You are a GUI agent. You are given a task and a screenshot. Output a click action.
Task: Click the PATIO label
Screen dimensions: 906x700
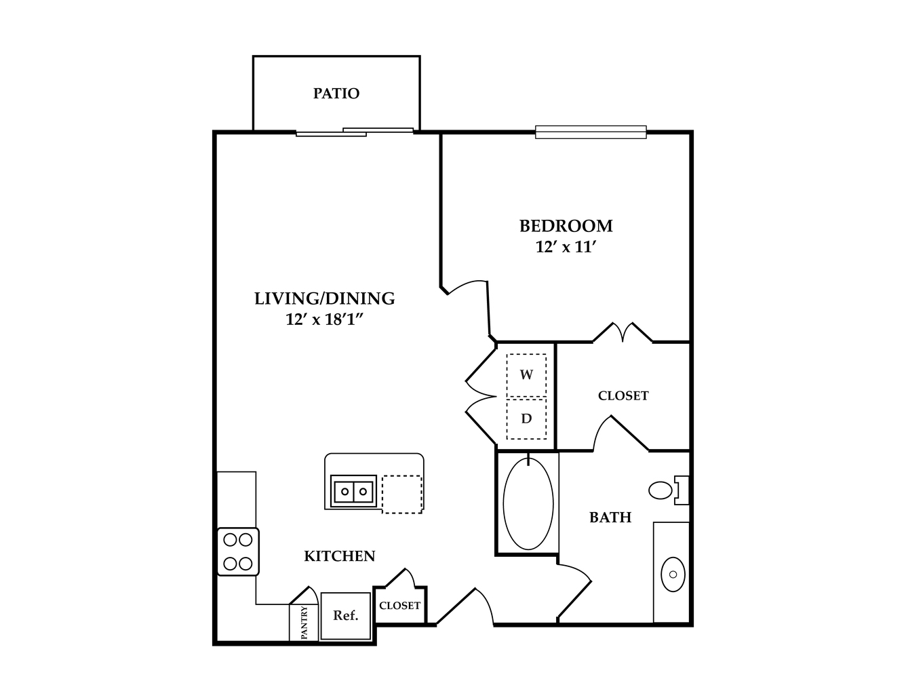tap(336, 94)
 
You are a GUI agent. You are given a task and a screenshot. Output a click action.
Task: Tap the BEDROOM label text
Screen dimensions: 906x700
tap(566, 226)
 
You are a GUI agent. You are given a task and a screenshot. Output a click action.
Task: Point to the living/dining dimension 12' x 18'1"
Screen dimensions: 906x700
tap(325, 319)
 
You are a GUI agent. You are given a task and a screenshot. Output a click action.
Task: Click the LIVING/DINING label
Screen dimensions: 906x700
tap(324, 298)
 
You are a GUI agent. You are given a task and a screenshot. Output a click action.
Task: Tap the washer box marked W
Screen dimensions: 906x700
tap(526, 375)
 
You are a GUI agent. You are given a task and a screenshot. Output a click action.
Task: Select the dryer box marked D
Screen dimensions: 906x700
tap(526, 419)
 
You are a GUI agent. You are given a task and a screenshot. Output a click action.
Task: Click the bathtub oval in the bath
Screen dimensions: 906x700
tap(528, 503)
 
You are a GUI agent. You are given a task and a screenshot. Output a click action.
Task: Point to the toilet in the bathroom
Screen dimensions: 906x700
tap(668, 490)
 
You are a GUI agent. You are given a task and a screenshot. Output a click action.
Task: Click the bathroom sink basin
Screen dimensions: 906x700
tap(673, 574)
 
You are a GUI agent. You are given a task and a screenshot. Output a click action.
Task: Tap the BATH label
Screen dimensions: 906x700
tap(610, 518)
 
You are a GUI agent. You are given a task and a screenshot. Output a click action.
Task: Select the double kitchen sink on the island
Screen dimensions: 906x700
tap(353, 491)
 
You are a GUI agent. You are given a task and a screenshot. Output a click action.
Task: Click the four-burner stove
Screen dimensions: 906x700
tap(238, 551)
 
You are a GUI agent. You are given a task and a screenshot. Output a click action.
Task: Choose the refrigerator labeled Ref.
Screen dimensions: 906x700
tap(346, 616)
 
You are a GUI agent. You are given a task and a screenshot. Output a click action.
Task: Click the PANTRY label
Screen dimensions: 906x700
tap(304, 623)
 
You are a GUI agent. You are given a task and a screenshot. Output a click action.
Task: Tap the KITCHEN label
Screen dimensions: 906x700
tap(339, 556)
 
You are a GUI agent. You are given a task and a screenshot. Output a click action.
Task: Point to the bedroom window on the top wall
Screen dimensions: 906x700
tap(591, 132)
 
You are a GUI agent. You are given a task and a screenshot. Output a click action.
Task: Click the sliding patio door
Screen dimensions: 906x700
tap(355, 132)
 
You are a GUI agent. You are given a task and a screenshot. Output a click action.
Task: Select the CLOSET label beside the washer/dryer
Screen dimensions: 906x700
tap(623, 395)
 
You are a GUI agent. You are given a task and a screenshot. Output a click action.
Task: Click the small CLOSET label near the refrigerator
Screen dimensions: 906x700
tap(399, 605)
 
